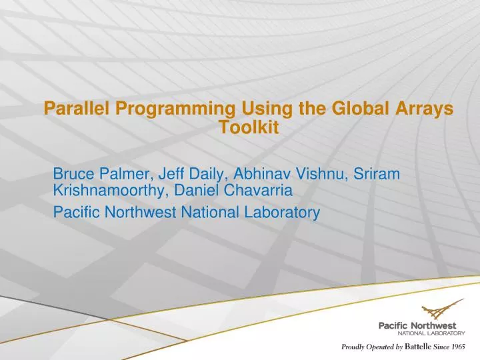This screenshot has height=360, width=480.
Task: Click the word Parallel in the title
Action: (72, 108)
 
